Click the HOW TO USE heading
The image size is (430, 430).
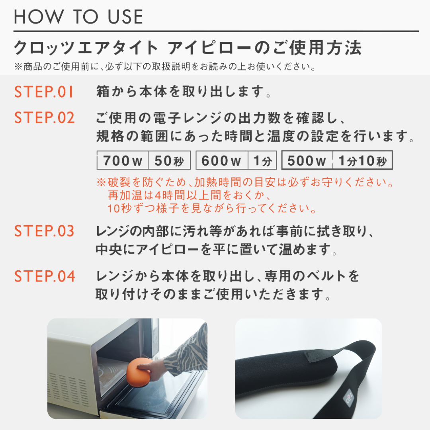pyautogui.click(x=78, y=16)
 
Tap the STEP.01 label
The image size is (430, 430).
pyautogui.click(x=44, y=92)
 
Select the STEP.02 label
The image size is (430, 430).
pyautogui.click(x=45, y=117)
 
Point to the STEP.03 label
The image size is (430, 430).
pyautogui.click(x=45, y=231)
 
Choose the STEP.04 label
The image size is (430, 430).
pyautogui.click(x=45, y=276)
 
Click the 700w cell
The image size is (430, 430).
pyautogui.click(x=123, y=160)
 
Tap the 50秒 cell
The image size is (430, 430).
pyautogui.click(x=169, y=160)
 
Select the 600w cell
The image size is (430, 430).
pyautogui.click(x=222, y=160)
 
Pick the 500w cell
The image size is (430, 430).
pyautogui.click(x=307, y=160)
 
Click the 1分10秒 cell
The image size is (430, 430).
pyautogui.click(x=363, y=160)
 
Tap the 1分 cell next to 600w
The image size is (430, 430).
pyautogui.click(x=262, y=160)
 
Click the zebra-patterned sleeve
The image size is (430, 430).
pyautogui.click(x=187, y=349)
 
